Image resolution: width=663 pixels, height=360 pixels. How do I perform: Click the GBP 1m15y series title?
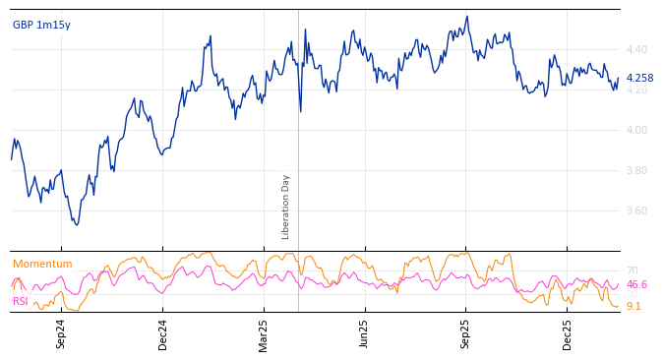[41, 25]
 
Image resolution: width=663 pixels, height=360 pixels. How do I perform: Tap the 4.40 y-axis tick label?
[636, 49]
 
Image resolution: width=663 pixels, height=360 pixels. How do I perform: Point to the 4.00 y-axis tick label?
[636, 130]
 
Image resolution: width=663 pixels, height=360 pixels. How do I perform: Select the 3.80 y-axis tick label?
[636, 170]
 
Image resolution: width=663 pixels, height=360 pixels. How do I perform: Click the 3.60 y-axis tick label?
[636, 210]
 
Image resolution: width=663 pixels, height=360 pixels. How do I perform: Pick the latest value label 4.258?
[639, 79]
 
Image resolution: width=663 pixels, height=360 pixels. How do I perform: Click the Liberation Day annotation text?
[286, 207]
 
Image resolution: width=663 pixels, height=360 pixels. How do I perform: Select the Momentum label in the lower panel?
[42, 264]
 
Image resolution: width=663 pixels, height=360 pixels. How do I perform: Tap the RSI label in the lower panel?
[21, 301]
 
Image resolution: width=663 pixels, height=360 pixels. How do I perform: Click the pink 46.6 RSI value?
[636, 285]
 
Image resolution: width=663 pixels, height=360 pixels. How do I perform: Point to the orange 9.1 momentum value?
[633, 307]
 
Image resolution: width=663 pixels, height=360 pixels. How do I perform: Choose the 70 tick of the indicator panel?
[632, 270]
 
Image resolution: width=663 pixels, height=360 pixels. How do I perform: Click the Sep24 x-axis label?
[61, 333]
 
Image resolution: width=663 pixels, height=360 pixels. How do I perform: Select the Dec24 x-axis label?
[163, 333]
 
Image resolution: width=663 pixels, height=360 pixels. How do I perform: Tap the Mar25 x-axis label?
[264, 333]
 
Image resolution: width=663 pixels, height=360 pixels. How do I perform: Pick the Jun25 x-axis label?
[364, 333]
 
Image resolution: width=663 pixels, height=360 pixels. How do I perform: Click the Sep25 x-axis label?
[465, 333]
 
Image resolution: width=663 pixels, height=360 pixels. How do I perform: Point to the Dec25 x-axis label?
[567, 333]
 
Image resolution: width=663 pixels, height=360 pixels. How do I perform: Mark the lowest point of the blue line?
[77, 225]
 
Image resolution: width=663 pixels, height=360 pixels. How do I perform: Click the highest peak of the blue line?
[467, 16]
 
